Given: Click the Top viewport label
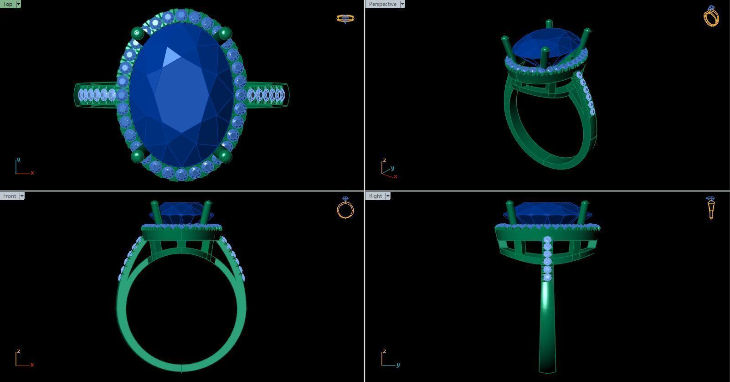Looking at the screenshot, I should tap(8, 4).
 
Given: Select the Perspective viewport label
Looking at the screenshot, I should tap(382, 4).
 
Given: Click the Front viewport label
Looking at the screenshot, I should tap(9, 196).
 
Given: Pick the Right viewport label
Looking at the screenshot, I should tap(375, 196).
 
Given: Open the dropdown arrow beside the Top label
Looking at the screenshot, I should tap(18, 4).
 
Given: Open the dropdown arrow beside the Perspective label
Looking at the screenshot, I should tap(402, 4).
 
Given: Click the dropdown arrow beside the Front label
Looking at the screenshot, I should tap(22, 196).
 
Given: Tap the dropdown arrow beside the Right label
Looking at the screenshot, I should tap(388, 196).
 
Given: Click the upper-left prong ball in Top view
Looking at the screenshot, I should tap(138, 33).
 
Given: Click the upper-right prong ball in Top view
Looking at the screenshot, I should tap(225, 33).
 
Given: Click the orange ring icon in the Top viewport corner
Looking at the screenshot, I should tap(345, 19).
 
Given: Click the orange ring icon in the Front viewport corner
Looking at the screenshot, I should tap(345, 208).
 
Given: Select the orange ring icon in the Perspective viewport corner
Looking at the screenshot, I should tap(711, 16).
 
